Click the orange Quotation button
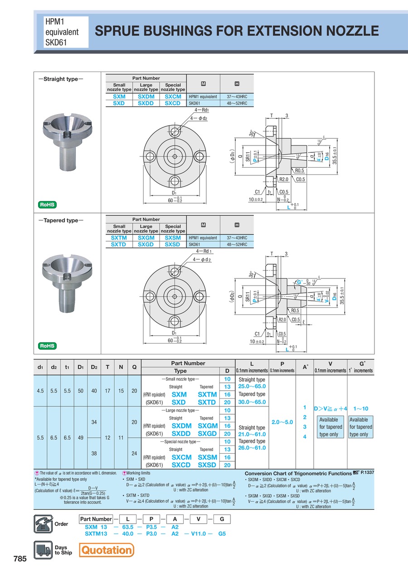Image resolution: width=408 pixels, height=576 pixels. click(107, 550)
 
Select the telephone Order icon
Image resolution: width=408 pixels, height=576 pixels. click(43, 524)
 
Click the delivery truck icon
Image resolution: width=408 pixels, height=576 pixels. click(43, 550)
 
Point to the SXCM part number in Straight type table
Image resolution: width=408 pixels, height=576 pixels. click(173, 97)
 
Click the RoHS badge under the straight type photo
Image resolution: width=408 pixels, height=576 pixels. click(47, 204)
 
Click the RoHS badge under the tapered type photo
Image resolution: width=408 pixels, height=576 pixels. click(47, 346)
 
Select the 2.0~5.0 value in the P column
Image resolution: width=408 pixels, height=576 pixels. click(282, 422)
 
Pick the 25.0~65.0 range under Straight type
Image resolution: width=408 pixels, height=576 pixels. click(252, 387)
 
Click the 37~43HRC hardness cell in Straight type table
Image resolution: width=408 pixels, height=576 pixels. click(237, 97)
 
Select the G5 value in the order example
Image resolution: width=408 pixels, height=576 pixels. click(222, 533)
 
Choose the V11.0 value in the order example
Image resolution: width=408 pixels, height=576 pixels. click(198, 533)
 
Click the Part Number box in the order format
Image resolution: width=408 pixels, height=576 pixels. click(96, 519)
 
